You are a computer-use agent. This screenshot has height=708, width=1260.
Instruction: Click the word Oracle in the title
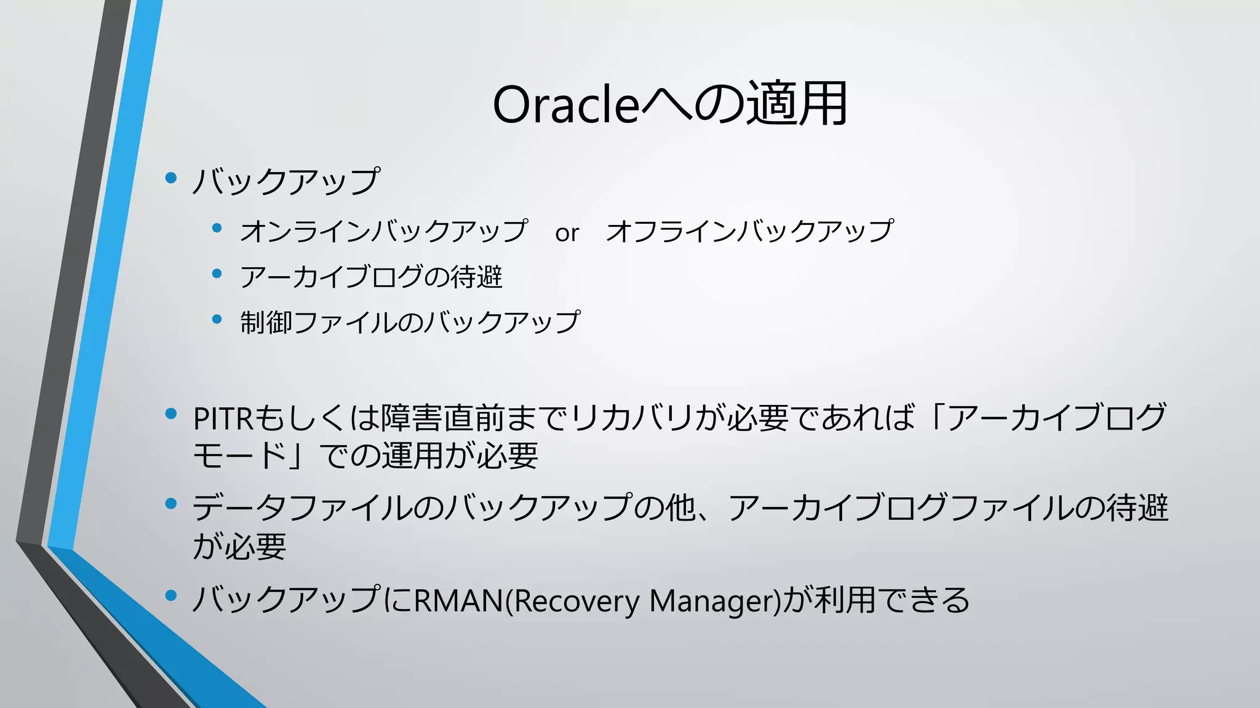click(x=565, y=104)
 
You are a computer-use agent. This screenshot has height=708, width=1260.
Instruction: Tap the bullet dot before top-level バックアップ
click(x=171, y=179)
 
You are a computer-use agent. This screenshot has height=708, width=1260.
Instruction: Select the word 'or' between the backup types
click(x=567, y=233)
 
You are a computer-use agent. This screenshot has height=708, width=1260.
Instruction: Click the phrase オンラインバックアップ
click(x=383, y=231)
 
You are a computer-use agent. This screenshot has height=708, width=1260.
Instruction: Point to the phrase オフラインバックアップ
click(x=749, y=231)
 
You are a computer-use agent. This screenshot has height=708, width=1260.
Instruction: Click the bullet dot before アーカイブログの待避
click(x=217, y=274)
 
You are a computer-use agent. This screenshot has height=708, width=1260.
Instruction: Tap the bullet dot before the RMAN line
click(x=171, y=595)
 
